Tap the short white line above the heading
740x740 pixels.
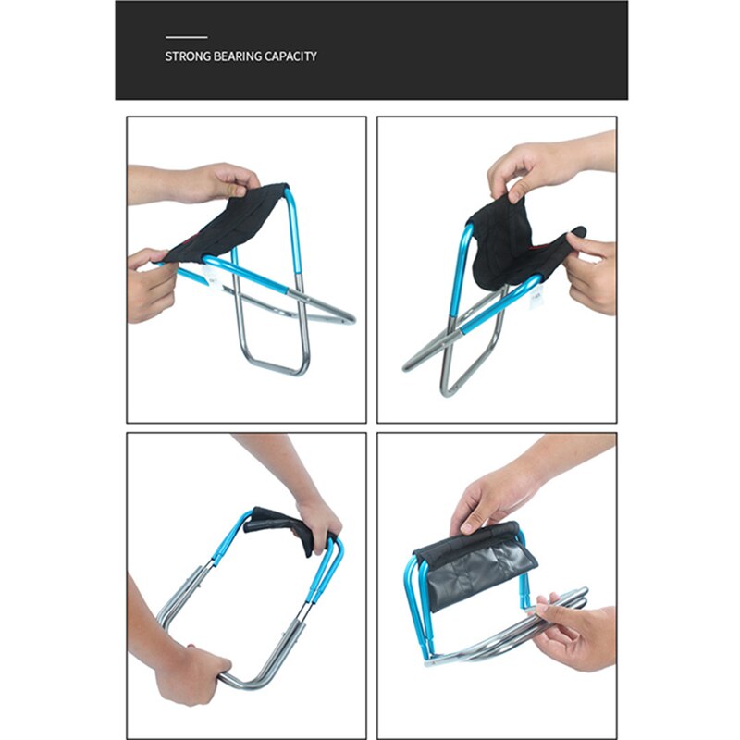(185, 38)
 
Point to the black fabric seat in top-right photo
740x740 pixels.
(509, 245)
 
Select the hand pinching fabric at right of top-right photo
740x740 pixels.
(592, 273)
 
